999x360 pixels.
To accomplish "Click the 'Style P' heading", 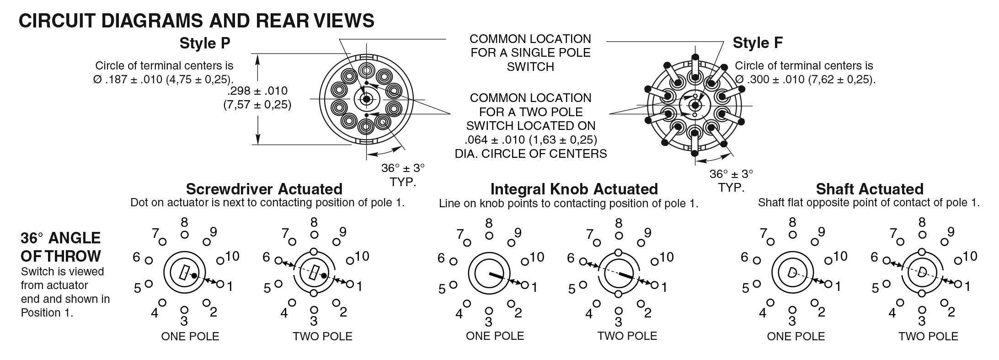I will pyautogui.click(x=205, y=43).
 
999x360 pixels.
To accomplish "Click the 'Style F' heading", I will pyautogui.click(x=758, y=43).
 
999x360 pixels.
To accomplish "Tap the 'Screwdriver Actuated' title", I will pyautogui.click(x=264, y=189).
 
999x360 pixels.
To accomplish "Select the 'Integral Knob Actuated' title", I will pyautogui.click(x=574, y=189).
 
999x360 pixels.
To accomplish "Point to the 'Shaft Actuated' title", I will pyautogui.click(x=869, y=189).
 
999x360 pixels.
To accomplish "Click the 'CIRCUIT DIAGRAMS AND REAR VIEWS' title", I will pyautogui.click(x=196, y=21).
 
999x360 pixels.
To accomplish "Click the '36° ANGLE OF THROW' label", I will pyautogui.click(x=61, y=247).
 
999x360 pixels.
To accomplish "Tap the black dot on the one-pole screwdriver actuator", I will pyautogui.click(x=194, y=275).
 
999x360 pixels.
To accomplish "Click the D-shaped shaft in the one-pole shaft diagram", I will pyautogui.click(x=792, y=273).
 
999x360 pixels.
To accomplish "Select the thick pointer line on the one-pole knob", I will pyautogui.click(x=496, y=275).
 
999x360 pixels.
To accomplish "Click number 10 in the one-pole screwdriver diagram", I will pyautogui.click(x=232, y=256).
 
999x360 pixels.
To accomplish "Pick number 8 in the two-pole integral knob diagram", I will pyautogui.click(x=619, y=224).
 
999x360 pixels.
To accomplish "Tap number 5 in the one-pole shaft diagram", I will pyautogui.click(x=746, y=288).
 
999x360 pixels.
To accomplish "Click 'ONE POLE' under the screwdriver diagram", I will pyautogui.click(x=190, y=337).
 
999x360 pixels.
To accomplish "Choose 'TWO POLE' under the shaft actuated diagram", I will pyautogui.click(x=928, y=337).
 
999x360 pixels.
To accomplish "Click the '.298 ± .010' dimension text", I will pyautogui.click(x=257, y=91).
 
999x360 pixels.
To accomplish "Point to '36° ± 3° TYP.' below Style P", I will pyautogui.click(x=403, y=175).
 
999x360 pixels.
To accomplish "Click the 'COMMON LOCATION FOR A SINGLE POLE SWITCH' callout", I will pyautogui.click(x=530, y=53).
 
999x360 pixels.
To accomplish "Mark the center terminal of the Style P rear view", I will pyautogui.click(x=366, y=99).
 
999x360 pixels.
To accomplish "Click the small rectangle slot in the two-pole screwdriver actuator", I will pyautogui.click(x=313, y=273).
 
